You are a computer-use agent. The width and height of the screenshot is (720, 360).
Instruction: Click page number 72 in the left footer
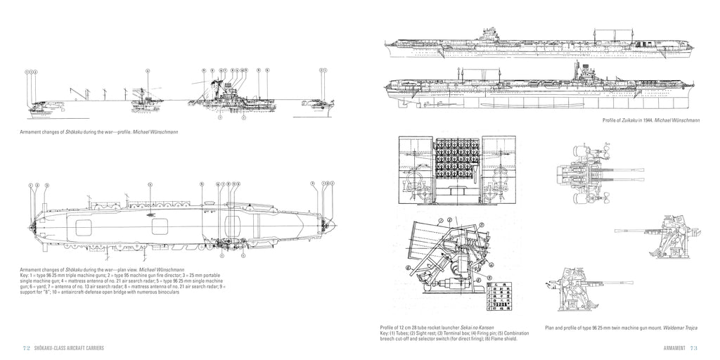[x=26, y=349]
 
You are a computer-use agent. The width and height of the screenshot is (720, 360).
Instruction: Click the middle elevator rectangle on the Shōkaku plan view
[x=160, y=226]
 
